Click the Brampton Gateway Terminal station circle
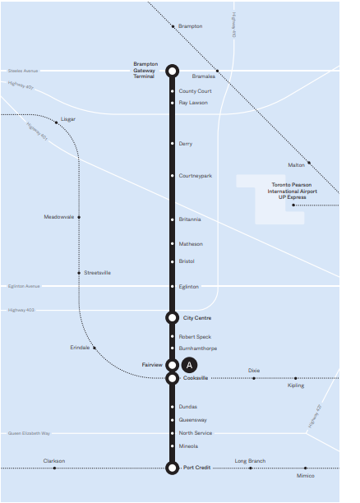click(x=173, y=71)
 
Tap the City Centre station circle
click(x=173, y=317)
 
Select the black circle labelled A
click(x=189, y=365)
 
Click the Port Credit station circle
click(x=173, y=468)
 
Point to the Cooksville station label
click(x=196, y=378)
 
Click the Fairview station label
click(x=152, y=365)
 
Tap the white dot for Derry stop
click(x=173, y=143)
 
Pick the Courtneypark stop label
click(x=196, y=176)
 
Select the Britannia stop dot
click(x=173, y=219)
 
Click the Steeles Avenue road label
click(x=23, y=71)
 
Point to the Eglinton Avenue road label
click(x=24, y=286)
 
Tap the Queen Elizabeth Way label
click(x=29, y=433)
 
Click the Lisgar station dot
click(x=56, y=122)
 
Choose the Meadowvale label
click(x=59, y=217)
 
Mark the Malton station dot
click(x=309, y=163)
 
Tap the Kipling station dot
click(x=296, y=378)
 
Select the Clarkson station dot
click(x=54, y=468)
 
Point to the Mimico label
click(x=306, y=476)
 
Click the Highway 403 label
click(x=21, y=310)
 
